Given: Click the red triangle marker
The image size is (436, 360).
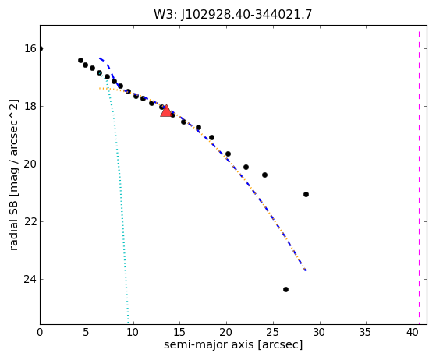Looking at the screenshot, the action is [x=166, y=111].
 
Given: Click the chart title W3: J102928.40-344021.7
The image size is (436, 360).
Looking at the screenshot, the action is [x=233, y=15].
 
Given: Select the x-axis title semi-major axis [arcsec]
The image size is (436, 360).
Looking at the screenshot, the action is [x=233, y=344].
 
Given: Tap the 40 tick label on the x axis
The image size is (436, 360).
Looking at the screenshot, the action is [x=413, y=332].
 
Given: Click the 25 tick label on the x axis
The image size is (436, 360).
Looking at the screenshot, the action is [x=273, y=332].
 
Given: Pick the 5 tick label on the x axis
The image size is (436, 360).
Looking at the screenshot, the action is [x=87, y=332].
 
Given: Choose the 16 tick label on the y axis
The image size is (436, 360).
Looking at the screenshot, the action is [x=30, y=48].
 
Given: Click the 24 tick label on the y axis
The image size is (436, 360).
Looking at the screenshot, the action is [x=30, y=279].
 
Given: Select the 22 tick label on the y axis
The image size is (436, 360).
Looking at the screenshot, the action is [x=30, y=221].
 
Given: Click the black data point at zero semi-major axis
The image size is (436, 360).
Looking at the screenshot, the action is [x=41, y=49].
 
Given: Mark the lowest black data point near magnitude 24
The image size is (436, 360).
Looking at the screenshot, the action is [x=285, y=289].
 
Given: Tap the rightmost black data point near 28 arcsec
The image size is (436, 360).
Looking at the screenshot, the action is [x=306, y=195].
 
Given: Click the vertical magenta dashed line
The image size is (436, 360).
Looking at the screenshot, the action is [x=419, y=175].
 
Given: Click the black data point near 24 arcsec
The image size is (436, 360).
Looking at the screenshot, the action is [x=264, y=175].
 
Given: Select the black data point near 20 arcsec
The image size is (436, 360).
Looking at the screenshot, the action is [x=228, y=154].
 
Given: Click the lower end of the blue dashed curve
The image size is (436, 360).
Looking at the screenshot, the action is [x=306, y=270].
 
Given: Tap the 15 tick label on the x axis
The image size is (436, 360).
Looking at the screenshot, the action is [x=180, y=332].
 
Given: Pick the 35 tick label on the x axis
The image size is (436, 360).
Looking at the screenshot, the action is [x=366, y=332].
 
